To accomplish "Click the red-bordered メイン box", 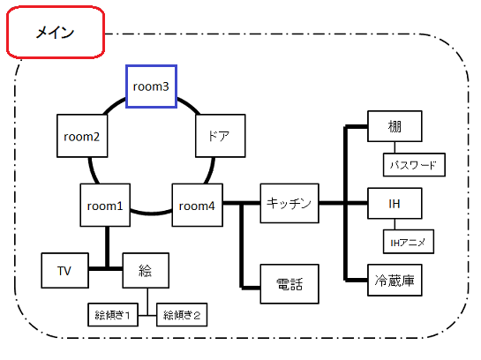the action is coord(56,32).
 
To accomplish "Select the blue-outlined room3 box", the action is coord(151,86).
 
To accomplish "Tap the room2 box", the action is coord(82,136).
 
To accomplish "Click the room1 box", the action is coord(105,205).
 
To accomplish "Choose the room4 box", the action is coord(197,205).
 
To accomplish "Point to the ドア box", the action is coord(221,136).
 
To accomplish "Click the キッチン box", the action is coord(289,203).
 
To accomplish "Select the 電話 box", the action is coord(289,284).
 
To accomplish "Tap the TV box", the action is coord(65,271).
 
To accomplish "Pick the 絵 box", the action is coord(146,271).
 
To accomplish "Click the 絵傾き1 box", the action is coord(113,315).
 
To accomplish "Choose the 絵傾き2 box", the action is coord(182,315).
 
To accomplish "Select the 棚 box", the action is coord(395,126).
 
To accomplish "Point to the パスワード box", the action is coord(414,165).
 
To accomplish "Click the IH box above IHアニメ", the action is coord(395,203).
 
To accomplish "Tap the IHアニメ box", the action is coord(409,242).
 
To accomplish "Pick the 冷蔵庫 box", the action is coord(395,280).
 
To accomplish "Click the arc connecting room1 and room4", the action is coord(151,212).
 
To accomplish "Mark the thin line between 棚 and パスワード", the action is coord(395,147).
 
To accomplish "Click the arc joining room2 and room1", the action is coord(93,171).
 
